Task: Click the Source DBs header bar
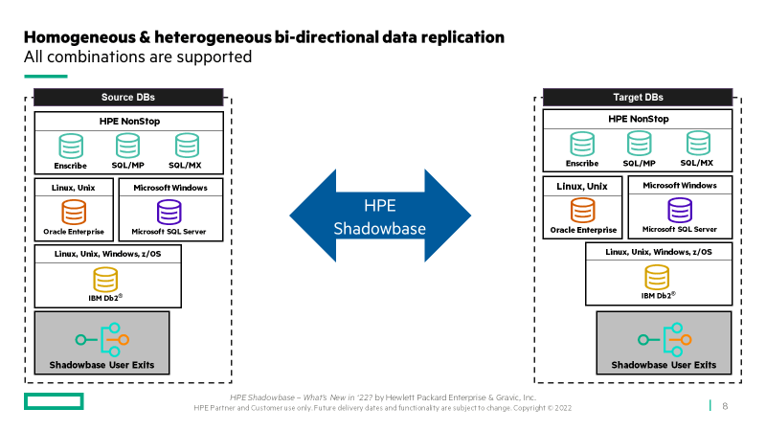pos(128,98)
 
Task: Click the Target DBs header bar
pos(638,98)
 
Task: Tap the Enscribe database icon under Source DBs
pos(71,147)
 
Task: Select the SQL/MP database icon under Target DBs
pos(639,144)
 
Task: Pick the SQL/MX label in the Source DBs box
pos(185,165)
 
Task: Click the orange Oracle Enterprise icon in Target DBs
pos(583,210)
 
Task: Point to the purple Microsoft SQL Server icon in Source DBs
pos(169,212)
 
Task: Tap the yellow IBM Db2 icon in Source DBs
pos(105,279)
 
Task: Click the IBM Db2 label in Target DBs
pos(659,296)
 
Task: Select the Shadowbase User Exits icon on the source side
pos(102,340)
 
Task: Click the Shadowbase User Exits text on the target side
pos(664,365)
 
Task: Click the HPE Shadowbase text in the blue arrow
pos(379,217)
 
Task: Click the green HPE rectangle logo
pos(54,401)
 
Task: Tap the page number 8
pos(725,406)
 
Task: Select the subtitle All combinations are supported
pos(138,57)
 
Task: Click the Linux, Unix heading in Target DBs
pos(582,186)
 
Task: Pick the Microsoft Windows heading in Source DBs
pos(170,188)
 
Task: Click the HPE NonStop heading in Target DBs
pos(638,119)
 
